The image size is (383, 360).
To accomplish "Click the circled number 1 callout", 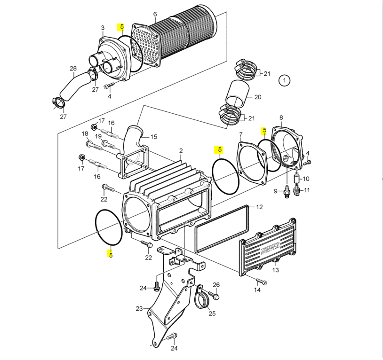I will pos(284,81).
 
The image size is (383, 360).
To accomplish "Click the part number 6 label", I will pos(155,14).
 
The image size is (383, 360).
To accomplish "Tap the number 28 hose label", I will pos(73,69).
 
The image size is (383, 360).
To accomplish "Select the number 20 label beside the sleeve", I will pos(257,97).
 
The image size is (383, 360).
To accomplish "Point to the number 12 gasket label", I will pos(259,207).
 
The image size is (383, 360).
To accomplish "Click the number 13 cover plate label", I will pos(275,270).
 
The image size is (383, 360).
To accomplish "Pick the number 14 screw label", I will pos(257,290).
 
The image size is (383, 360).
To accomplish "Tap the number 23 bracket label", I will pos(139,309).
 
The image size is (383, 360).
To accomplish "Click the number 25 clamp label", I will pos(212,313).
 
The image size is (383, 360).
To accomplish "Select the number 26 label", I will pos(216,285).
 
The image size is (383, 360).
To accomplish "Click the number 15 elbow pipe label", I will pos(153,137).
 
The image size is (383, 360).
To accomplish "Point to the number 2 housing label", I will pos(181,151).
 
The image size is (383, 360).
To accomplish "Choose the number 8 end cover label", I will pos(281,117).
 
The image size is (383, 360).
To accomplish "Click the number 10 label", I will pos(306,179).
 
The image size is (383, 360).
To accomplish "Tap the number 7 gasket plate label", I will pos(241,134).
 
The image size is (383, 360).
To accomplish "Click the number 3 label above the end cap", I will pos(103,28).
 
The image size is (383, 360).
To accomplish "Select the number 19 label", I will pos(98,137).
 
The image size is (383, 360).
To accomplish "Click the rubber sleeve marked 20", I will pos(237,95).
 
